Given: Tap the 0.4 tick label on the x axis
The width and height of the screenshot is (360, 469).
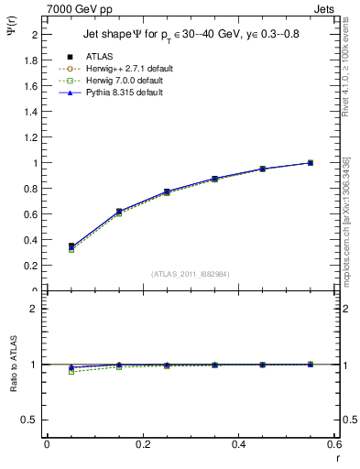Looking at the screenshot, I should (239, 444).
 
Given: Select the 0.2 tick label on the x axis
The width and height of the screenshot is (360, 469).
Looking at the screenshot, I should (143, 444).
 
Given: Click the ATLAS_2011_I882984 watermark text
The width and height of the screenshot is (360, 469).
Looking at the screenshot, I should (190, 274).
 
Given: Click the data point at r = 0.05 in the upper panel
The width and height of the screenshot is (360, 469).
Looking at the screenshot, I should (71, 245).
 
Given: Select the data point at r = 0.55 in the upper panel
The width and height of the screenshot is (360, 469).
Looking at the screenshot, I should (311, 163).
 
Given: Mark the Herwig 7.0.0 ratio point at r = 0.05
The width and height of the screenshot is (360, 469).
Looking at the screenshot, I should (71, 372).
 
